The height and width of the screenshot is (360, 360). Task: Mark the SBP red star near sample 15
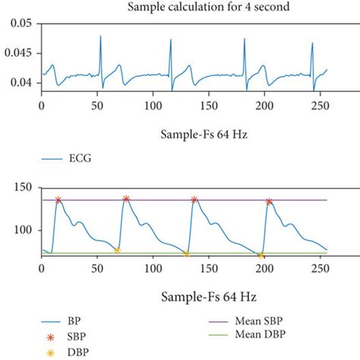[x=58, y=200]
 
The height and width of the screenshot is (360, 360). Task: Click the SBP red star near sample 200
[x=269, y=201]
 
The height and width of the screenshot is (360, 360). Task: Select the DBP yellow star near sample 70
[x=117, y=250]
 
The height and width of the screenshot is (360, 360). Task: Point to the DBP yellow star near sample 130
[x=186, y=254]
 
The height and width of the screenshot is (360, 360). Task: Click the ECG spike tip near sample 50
[x=100, y=36]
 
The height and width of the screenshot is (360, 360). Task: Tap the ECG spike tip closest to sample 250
[x=312, y=43]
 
